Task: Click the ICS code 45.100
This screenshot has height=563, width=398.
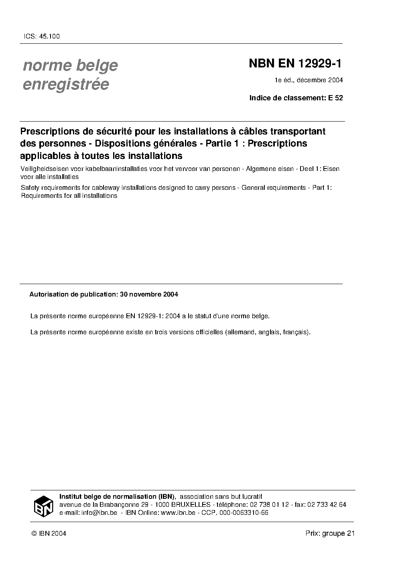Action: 49,37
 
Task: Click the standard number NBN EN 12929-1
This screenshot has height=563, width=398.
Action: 295,64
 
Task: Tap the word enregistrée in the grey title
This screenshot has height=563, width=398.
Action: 66,85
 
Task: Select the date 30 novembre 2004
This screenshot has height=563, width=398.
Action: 149,294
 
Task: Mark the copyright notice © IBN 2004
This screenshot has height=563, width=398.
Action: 49,533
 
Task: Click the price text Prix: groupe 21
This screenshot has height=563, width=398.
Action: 330,533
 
